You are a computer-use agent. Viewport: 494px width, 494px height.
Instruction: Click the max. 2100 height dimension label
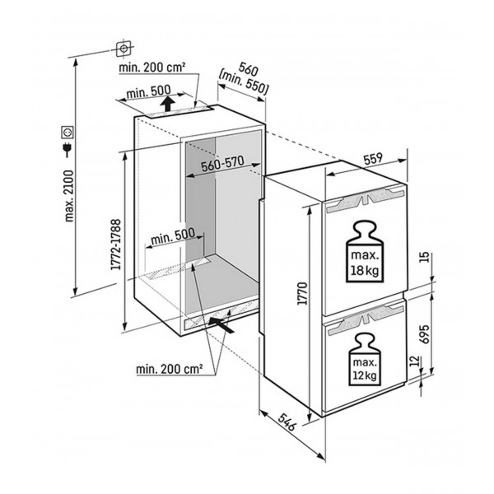click(x=68, y=196)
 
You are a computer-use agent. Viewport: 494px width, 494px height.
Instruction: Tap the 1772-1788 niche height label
click(x=116, y=245)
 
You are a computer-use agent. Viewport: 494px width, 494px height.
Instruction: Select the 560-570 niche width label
click(x=222, y=164)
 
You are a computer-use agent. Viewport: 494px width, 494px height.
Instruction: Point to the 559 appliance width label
click(x=374, y=159)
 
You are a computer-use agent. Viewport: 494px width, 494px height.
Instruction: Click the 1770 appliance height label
click(x=302, y=294)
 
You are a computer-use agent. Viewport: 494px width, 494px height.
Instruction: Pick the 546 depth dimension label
click(x=287, y=422)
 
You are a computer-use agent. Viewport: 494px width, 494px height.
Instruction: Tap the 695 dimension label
click(x=425, y=334)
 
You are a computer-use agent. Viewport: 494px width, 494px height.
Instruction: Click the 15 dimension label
click(x=425, y=257)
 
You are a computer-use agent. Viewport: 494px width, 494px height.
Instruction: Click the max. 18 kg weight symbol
click(x=365, y=251)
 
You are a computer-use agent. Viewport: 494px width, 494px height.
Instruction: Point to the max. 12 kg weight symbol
click(x=365, y=360)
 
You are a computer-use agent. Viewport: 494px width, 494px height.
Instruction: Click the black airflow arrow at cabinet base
click(x=221, y=325)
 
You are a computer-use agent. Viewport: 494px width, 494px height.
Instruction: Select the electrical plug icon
click(x=68, y=150)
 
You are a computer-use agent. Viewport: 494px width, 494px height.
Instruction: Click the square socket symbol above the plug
click(x=68, y=133)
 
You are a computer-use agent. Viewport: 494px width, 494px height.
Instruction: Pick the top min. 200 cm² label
click(x=151, y=68)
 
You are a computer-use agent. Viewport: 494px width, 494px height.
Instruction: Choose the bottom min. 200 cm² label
click(x=169, y=369)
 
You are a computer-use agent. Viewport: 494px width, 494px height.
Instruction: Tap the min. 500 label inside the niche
click(x=173, y=236)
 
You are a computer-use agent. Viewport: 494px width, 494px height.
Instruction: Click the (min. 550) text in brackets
click(x=244, y=83)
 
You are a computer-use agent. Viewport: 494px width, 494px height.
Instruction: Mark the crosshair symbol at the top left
click(x=123, y=49)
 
